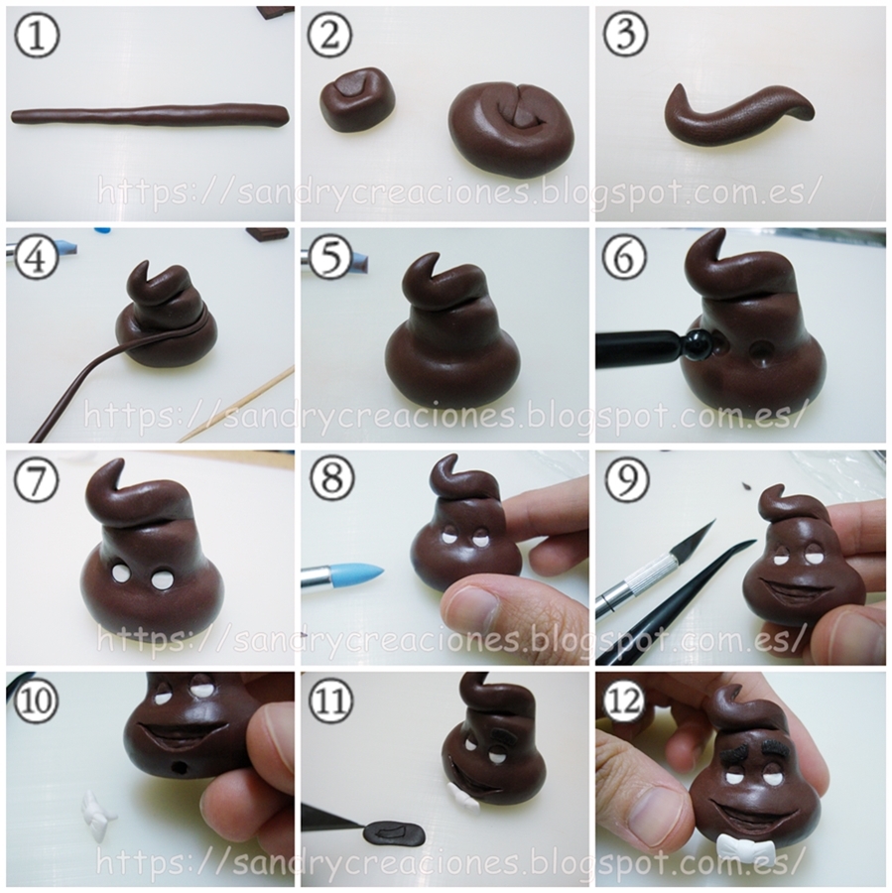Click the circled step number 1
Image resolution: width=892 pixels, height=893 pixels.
tap(38, 36)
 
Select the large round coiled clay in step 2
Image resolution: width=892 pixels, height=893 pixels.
tap(512, 129)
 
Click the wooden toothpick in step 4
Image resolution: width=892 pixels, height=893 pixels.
tap(236, 406)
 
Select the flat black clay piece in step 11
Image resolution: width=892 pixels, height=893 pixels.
tap(394, 832)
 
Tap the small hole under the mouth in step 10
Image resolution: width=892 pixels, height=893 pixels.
tap(184, 768)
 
